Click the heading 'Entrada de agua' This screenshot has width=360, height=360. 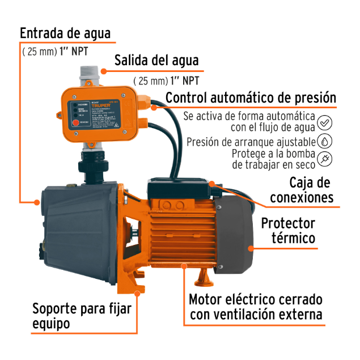pyautogui.click(x=65, y=33)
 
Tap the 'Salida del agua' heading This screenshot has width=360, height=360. pyautogui.click(x=156, y=61)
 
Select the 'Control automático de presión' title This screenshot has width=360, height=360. pyautogui.click(x=251, y=98)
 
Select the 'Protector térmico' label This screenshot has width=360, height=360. pyautogui.click(x=296, y=230)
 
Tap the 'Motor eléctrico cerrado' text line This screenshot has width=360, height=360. pyautogui.click(x=256, y=299)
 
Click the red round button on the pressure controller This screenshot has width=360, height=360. pyautogui.click(x=74, y=122)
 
